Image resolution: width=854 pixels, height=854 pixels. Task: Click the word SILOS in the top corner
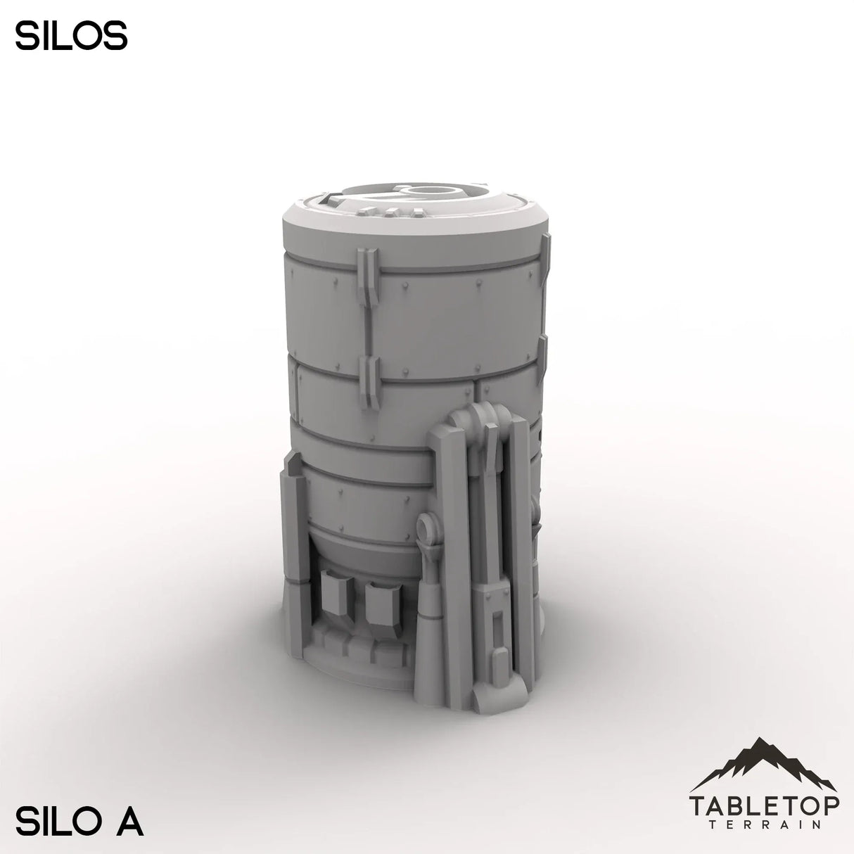(x=71, y=37)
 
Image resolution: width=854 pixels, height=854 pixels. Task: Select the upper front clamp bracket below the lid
(x=368, y=275)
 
